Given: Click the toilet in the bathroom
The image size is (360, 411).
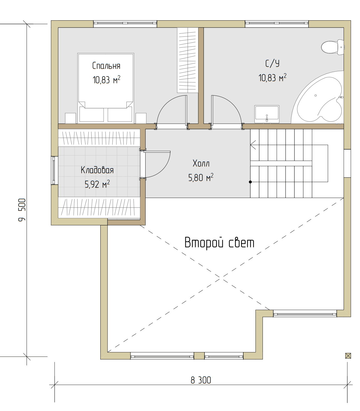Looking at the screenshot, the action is [x=332, y=47].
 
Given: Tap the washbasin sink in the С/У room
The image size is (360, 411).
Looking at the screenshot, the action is [x=267, y=114].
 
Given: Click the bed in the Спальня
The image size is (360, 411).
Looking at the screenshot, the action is [x=106, y=88].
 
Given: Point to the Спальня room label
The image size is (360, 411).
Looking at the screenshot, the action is [x=106, y=66].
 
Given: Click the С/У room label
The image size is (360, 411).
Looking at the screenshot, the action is [x=272, y=63].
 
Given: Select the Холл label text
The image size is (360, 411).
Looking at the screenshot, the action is [x=201, y=163].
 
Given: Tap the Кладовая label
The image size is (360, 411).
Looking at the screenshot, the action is [x=97, y=170].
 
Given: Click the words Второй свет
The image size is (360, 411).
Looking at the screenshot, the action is [x=219, y=243].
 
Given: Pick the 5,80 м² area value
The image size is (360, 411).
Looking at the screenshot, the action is [x=201, y=177].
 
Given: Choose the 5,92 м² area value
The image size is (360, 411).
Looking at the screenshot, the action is [x=97, y=184].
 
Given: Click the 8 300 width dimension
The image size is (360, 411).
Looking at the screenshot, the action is [x=201, y=380].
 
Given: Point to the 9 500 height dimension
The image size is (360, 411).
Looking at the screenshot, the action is [x=22, y=210].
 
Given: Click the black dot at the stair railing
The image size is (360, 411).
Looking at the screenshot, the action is [x=250, y=182].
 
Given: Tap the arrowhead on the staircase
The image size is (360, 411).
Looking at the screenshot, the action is [x=253, y=145].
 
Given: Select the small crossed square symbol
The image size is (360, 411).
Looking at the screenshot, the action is [x=348, y=356].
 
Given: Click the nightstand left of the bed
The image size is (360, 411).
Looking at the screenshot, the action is [x=70, y=118].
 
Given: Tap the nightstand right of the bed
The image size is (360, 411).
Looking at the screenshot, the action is [x=141, y=118].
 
